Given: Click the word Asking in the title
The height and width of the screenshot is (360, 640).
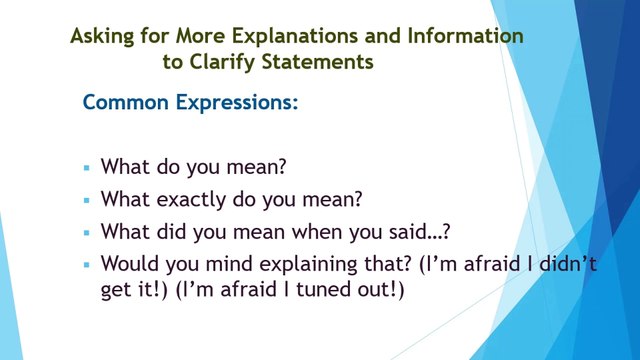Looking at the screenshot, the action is tap(102, 37).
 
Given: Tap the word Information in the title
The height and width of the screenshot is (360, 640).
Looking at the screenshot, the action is tap(465, 35).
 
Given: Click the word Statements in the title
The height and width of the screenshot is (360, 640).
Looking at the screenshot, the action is tap(317, 62).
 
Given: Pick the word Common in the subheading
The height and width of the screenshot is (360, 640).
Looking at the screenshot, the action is tap(126, 102).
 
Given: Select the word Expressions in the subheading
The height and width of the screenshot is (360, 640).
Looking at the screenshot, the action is tap(237, 102).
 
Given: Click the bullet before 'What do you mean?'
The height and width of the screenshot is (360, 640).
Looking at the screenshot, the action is tap(87, 167).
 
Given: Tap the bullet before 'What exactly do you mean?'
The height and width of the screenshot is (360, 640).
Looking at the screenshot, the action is tap(87, 200).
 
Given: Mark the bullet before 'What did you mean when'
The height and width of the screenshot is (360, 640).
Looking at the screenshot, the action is tap(87, 233).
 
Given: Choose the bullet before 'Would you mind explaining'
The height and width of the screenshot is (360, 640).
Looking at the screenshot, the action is tap(87, 264).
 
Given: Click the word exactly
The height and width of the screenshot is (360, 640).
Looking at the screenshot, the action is tap(191, 200).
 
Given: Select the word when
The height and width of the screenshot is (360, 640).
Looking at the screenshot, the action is tap(317, 232).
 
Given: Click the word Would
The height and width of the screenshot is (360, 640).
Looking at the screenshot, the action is tap(130, 264).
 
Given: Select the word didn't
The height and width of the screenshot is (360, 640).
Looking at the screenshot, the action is tap(568, 264).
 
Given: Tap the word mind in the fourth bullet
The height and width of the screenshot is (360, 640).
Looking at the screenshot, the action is tap(229, 264).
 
